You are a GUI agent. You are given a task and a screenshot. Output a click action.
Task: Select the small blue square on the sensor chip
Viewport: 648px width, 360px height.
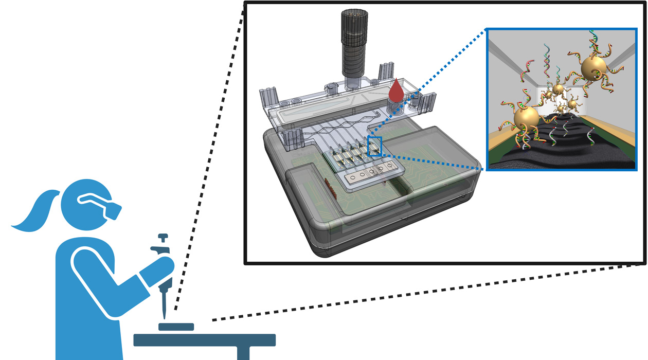374,146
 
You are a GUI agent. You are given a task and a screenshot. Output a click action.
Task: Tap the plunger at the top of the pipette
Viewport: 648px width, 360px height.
163,238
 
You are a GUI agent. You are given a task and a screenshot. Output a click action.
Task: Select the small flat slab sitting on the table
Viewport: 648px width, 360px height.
176,327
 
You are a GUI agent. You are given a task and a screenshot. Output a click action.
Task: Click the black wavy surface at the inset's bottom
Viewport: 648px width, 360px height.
561,154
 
